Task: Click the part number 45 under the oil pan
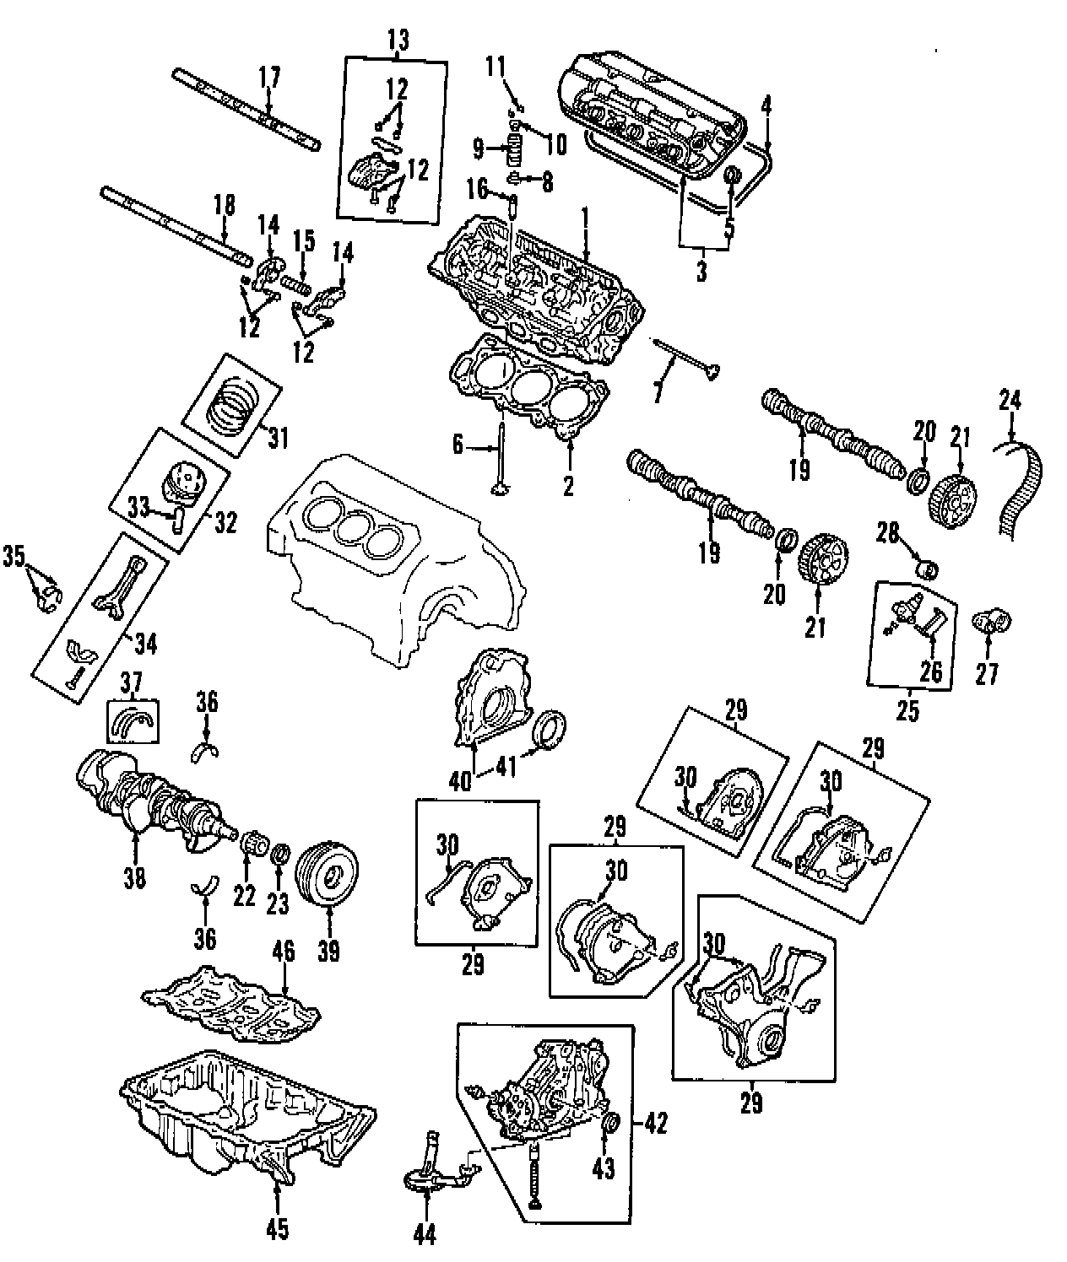tap(277, 1230)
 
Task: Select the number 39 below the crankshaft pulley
tap(328, 951)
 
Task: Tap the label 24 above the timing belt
tap(1010, 399)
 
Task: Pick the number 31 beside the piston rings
tap(278, 438)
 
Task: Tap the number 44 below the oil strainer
tap(425, 1235)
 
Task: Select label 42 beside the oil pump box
tap(655, 1124)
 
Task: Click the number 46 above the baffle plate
tap(284, 952)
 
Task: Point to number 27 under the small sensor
tap(987, 673)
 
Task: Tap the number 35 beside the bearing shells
tap(14, 556)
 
